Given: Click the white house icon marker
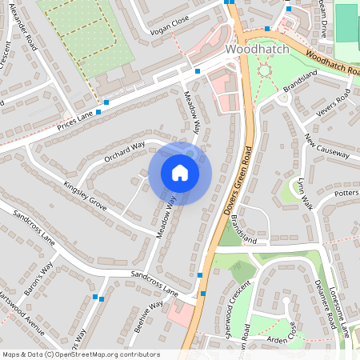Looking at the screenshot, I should tap(180, 173).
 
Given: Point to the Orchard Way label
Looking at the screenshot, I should tap(124, 150).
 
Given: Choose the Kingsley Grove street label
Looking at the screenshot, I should tap(85, 192).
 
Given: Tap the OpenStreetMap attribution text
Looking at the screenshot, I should tap(80, 354).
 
